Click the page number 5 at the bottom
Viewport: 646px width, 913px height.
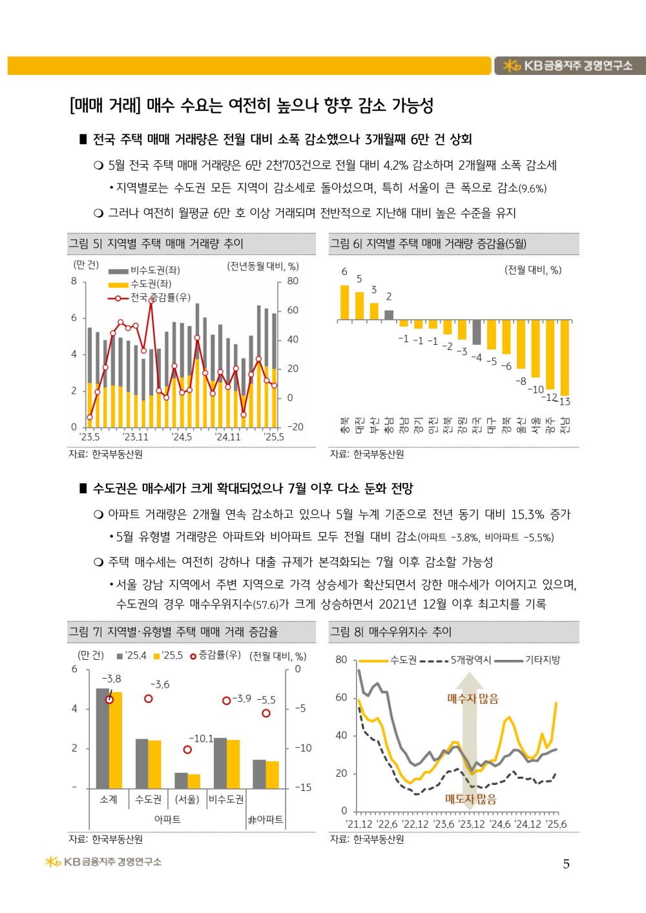(x=567, y=864)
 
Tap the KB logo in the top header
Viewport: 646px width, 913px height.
(x=512, y=66)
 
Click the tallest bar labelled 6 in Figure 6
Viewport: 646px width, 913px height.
(x=344, y=302)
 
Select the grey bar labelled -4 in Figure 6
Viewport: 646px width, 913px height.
(x=477, y=333)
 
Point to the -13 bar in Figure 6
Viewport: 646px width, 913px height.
(x=565, y=357)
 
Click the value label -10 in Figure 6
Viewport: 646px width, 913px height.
(x=536, y=389)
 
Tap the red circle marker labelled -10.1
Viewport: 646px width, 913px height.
(x=187, y=750)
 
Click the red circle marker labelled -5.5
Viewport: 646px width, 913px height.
(x=266, y=713)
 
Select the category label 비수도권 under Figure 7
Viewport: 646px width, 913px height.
(x=226, y=799)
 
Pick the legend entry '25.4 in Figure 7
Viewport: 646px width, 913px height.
(x=132, y=655)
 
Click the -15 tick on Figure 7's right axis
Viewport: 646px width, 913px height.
(x=303, y=787)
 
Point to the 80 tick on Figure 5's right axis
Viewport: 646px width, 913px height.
(x=293, y=281)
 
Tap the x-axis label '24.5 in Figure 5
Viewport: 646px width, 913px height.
(x=182, y=437)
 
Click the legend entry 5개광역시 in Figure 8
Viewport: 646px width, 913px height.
(x=470, y=660)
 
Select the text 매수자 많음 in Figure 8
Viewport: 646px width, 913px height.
(x=473, y=699)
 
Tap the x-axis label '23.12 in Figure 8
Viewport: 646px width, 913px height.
(x=472, y=824)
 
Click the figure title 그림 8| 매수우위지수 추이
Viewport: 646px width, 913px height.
(x=391, y=631)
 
